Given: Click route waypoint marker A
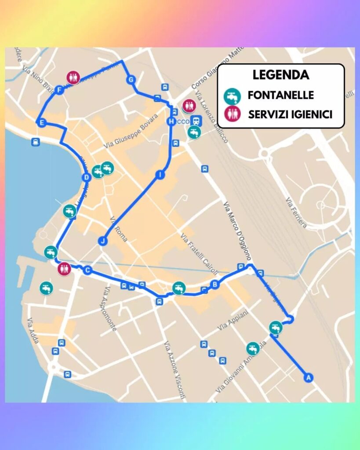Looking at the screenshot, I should [x=309, y=377].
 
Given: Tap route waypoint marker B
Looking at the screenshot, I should [x=215, y=284].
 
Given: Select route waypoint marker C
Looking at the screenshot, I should [x=87, y=270].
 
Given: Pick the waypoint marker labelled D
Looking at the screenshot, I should [x=87, y=177].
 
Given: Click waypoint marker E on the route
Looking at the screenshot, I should [x=41, y=123].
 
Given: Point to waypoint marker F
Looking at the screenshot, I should [x=60, y=90].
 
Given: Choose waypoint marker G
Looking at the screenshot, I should [x=131, y=80].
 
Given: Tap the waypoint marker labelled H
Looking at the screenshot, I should [x=171, y=121].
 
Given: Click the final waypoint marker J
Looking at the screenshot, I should [x=103, y=241].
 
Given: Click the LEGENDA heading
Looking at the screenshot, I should [x=280, y=75].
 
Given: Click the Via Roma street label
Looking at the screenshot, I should [x=119, y=229].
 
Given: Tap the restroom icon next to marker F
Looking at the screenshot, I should [x=73, y=78].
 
